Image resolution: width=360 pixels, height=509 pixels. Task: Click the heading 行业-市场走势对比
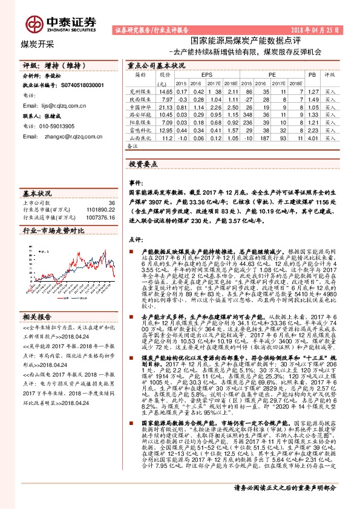(53, 231)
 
